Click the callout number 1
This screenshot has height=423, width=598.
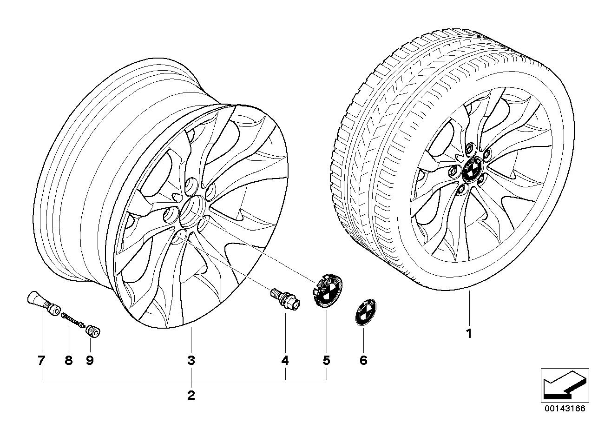click(469, 334)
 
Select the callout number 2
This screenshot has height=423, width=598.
click(191, 395)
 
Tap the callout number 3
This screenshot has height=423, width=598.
click(191, 361)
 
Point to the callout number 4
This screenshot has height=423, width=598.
click(285, 361)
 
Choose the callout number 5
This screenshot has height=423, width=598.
click(327, 361)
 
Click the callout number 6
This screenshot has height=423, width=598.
click(364, 361)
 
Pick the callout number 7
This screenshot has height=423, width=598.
click(41, 361)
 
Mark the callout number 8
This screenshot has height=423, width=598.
click(69, 361)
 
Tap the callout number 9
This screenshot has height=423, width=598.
click(90, 361)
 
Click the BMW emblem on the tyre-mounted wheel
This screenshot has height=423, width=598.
click(472, 169)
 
